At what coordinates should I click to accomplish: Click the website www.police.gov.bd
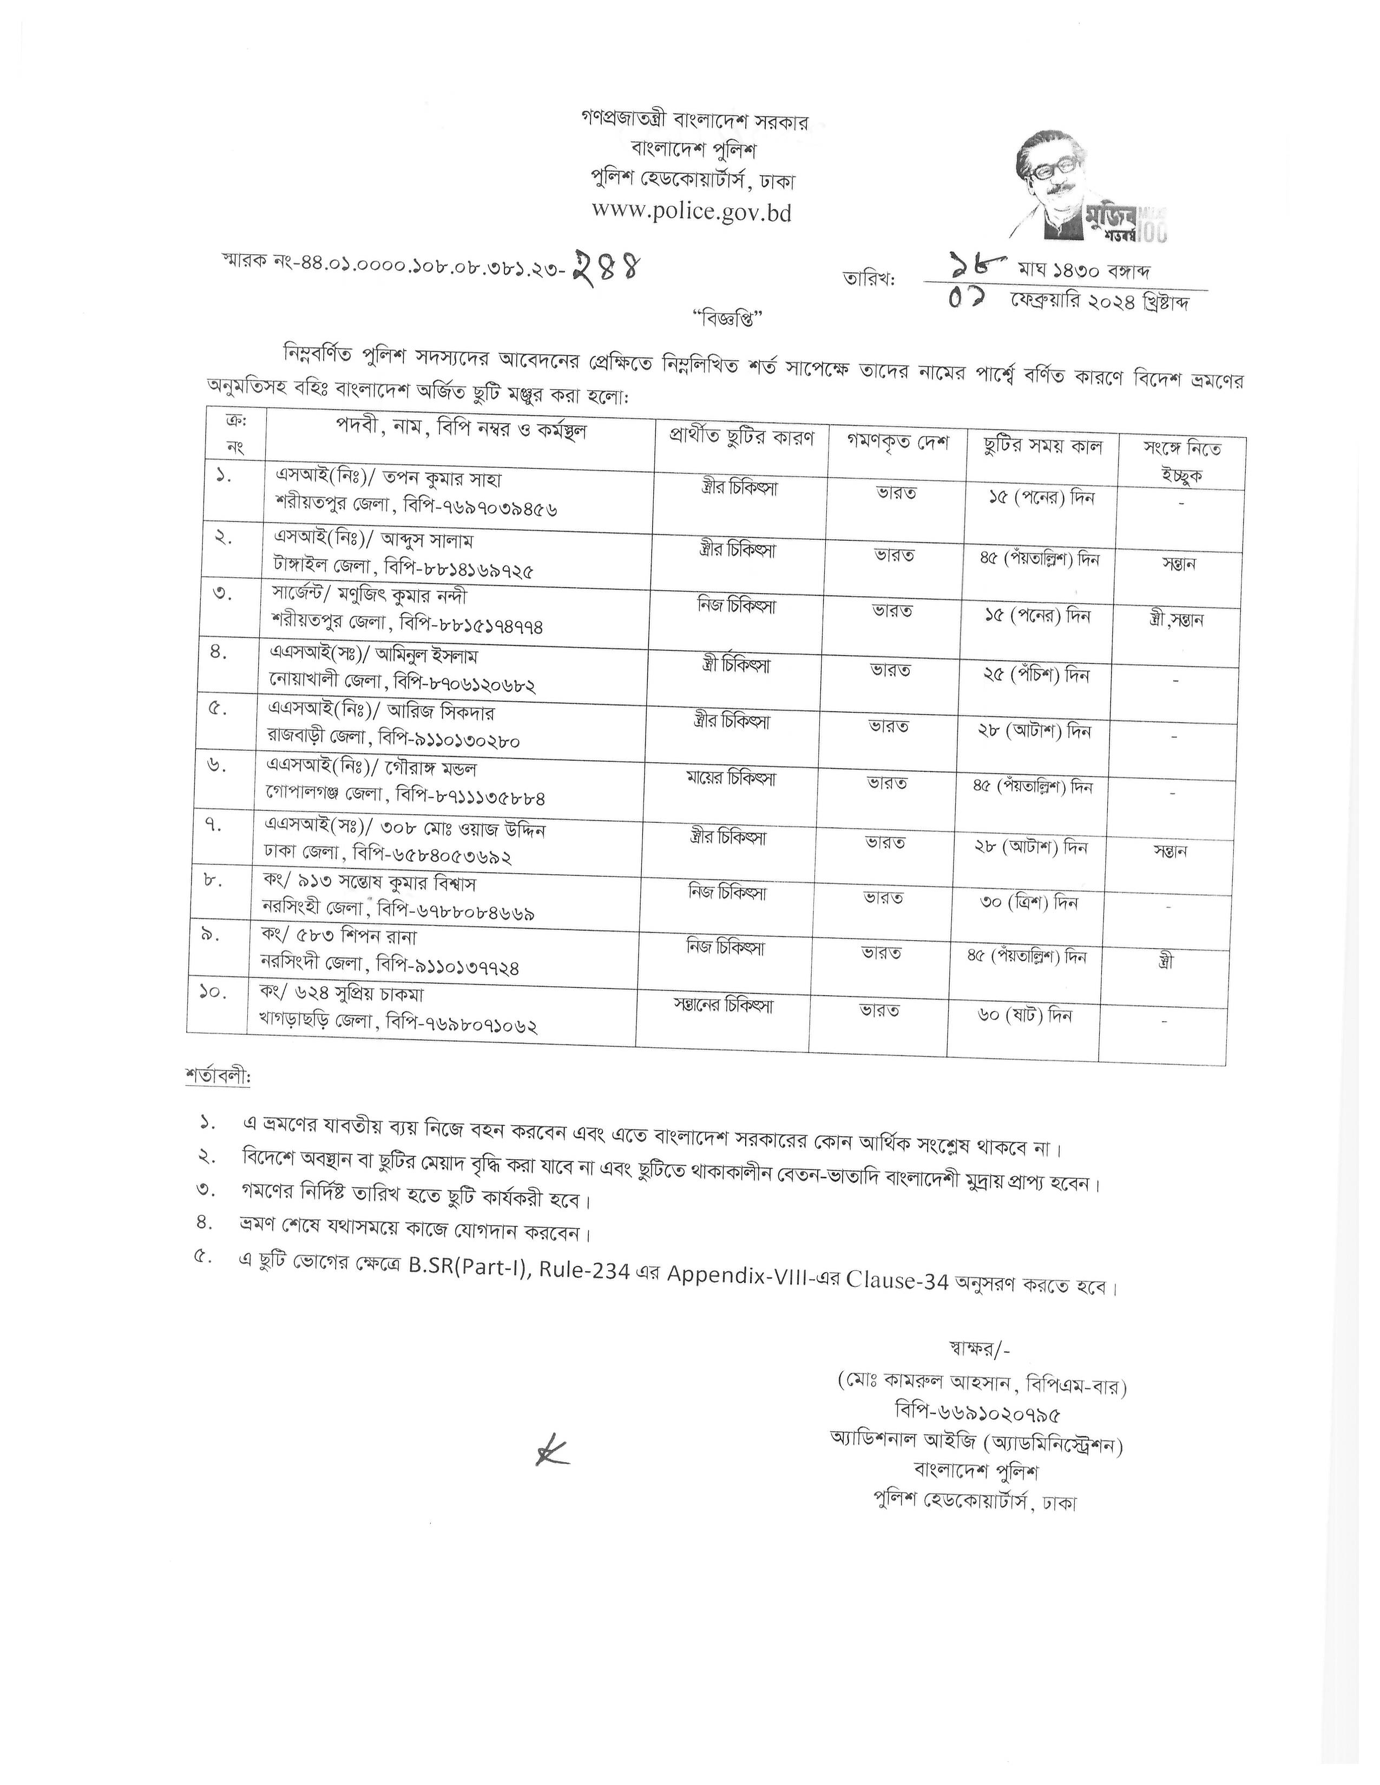pos(692,211)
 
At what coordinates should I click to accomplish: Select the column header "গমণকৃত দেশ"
pos(898,444)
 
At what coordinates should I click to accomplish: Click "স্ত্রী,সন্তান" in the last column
pos(1175,619)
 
